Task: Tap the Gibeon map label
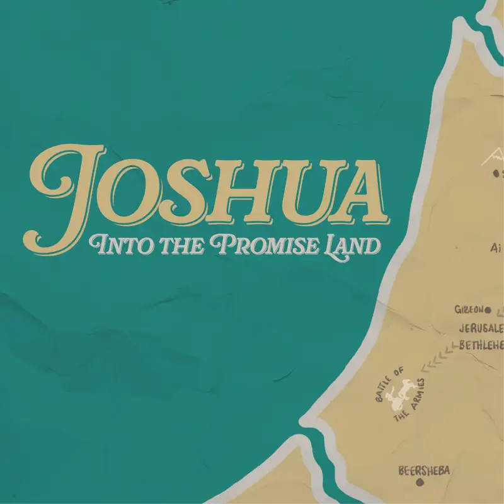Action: (468, 309)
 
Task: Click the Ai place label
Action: (495, 248)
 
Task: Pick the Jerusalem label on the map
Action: (481, 328)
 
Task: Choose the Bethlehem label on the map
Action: (481, 344)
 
